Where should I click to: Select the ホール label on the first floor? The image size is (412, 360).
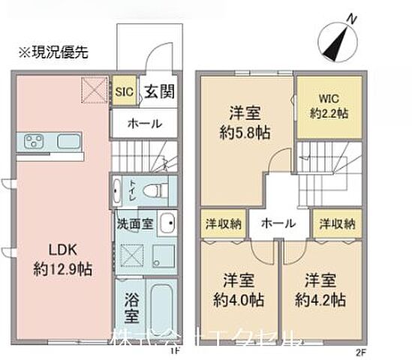pos(144,124)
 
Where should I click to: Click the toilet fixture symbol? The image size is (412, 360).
pos(153,190)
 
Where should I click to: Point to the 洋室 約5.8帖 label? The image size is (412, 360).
pos(245,123)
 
